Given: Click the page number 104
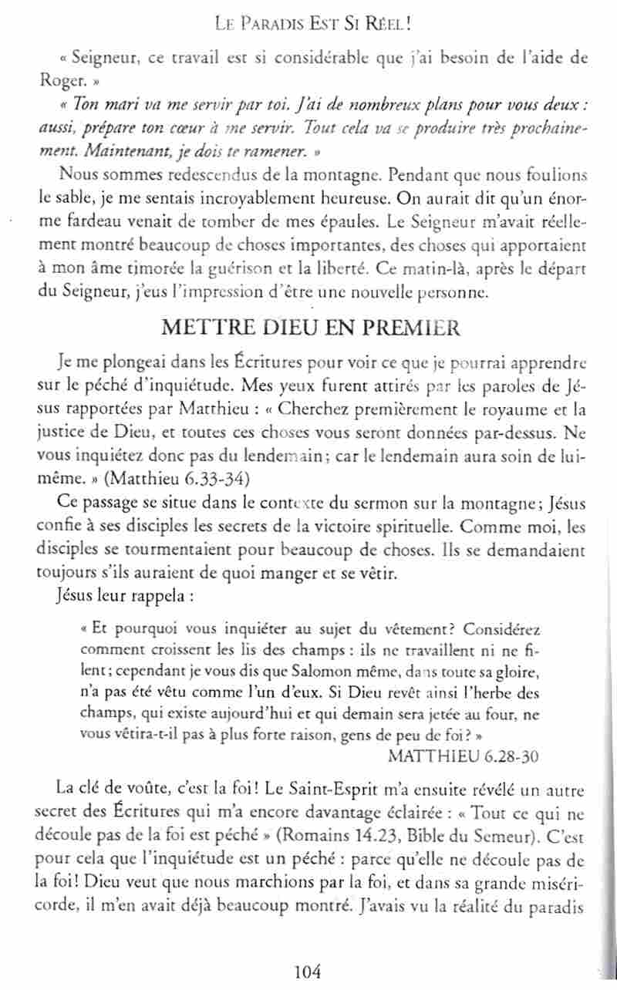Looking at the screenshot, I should [307, 970].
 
